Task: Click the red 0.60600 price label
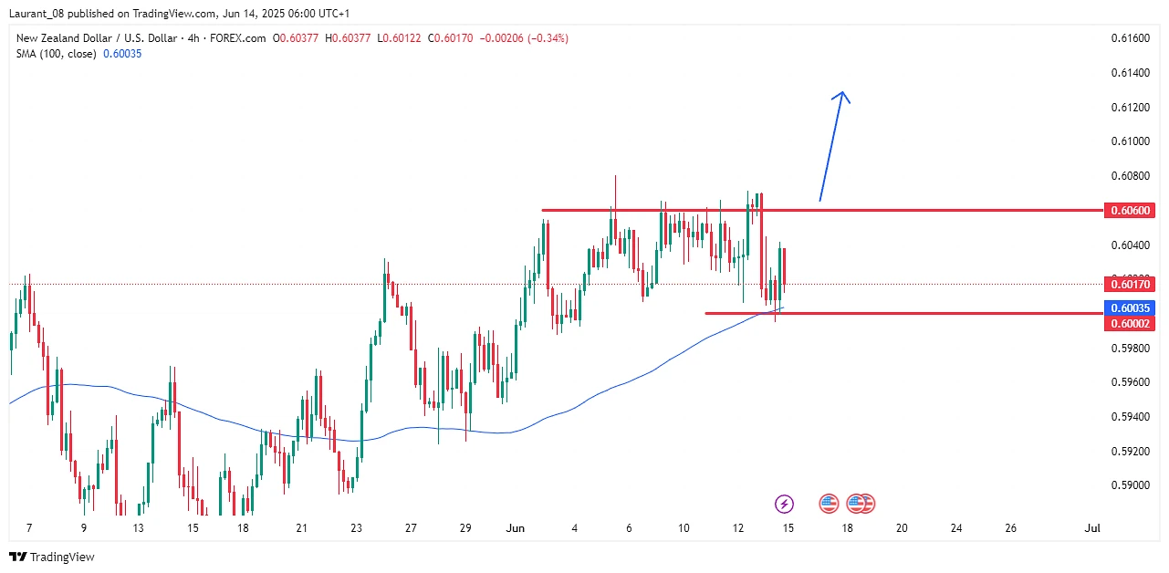click(x=1131, y=211)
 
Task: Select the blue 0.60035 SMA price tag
click(x=1131, y=308)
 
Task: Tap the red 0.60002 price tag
click(x=1131, y=324)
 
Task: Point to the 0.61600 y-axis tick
click(x=1130, y=38)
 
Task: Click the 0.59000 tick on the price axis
click(x=1130, y=485)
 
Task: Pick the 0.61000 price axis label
click(x=1130, y=141)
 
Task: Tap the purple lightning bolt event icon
click(x=784, y=503)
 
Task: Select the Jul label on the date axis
click(x=1091, y=528)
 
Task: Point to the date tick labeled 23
click(x=357, y=528)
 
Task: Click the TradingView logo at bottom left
click(x=52, y=557)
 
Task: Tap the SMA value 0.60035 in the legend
click(x=122, y=54)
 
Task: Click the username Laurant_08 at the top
click(x=37, y=14)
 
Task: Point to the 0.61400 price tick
click(x=1130, y=73)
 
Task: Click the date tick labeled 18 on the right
click(x=848, y=528)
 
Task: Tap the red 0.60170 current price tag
click(x=1131, y=284)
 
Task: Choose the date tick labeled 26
click(x=1010, y=528)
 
